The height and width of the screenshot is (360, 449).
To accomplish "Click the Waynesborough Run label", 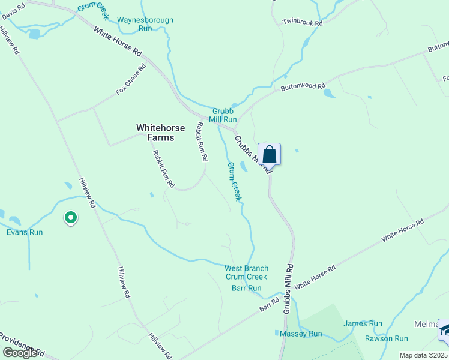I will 145,24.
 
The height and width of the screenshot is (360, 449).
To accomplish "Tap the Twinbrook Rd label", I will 303,23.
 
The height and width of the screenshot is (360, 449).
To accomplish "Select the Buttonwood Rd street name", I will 303,86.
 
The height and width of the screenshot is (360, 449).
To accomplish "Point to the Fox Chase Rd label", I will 131,80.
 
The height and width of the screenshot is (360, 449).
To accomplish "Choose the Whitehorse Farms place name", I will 155,133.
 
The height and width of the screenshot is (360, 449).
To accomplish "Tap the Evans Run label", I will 25,232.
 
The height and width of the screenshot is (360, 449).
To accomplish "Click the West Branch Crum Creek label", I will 246,272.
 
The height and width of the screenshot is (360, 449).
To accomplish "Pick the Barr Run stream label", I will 246,288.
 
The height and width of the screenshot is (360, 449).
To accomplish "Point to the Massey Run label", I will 301,334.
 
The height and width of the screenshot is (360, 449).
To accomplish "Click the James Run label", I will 363,323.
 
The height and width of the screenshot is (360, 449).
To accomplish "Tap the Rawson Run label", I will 369,338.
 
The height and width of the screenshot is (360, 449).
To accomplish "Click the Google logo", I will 20,352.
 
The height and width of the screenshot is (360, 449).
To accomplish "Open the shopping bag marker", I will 270,154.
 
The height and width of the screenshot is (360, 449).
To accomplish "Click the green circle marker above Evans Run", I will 71,218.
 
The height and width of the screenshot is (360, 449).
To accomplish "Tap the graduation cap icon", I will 444,330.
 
